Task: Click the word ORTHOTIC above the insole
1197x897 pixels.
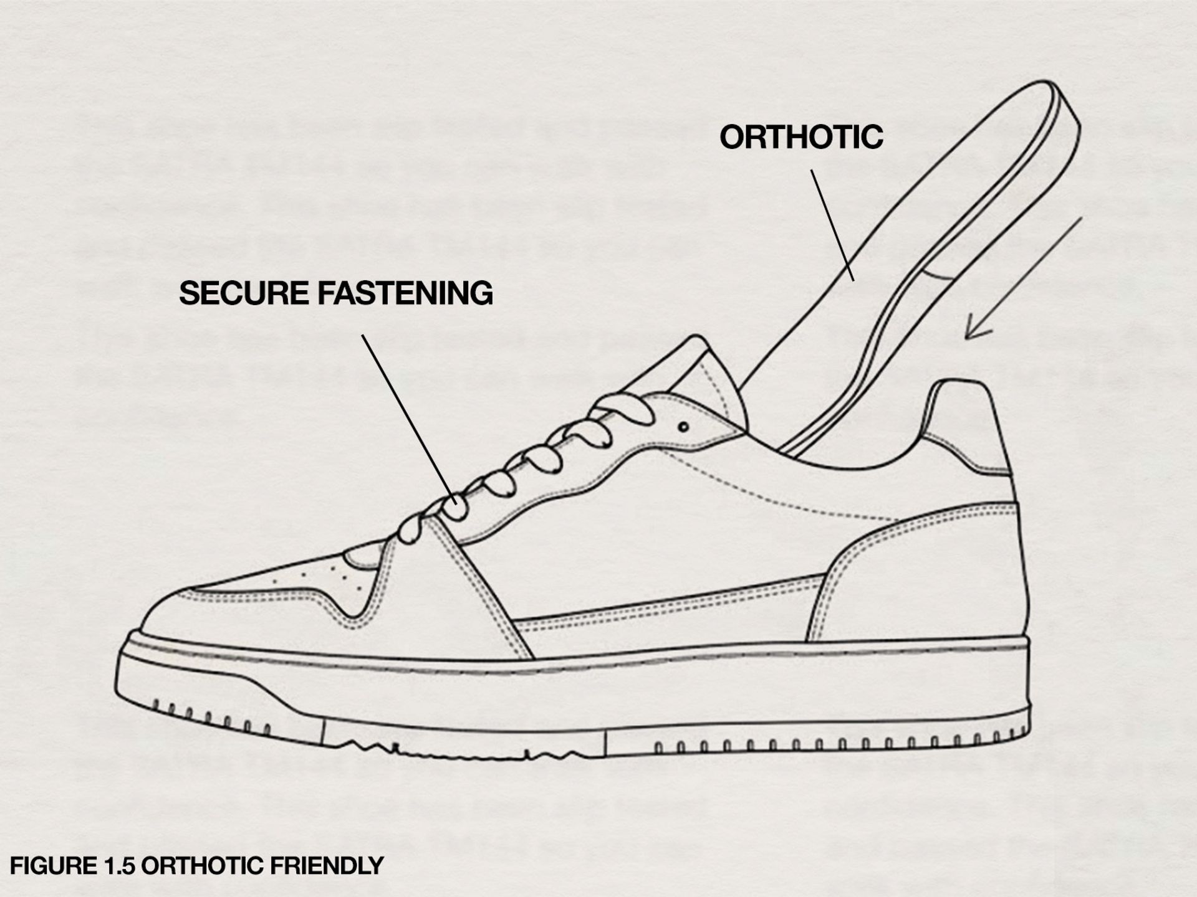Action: (801, 137)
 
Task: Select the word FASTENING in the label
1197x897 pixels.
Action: (405, 293)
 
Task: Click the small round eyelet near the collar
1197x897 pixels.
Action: (683, 427)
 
